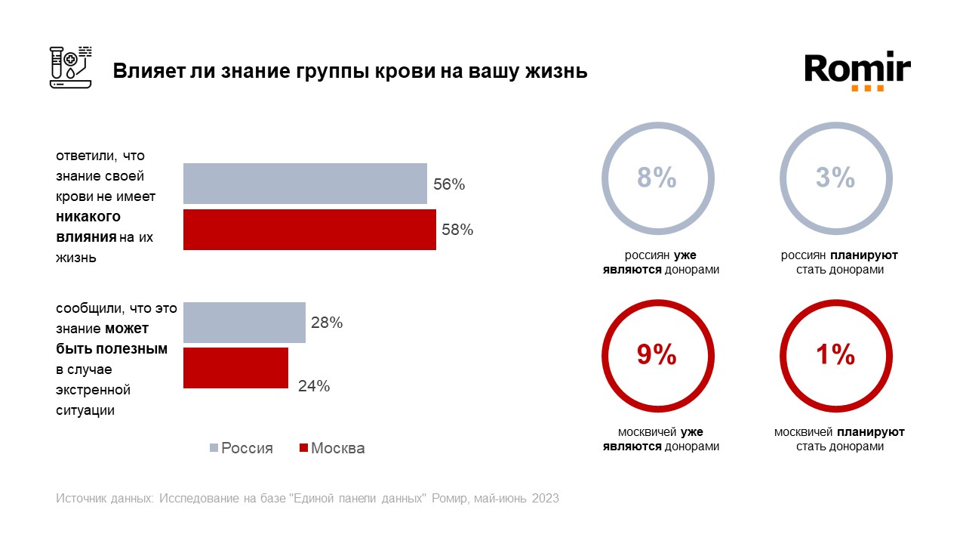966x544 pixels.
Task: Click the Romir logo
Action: pyautogui.click(x=857, y=70)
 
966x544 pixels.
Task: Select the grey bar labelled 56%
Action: pyautogui.click(x=305, y=184)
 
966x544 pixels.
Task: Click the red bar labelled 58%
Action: pyautogui.click(x=309, y=230)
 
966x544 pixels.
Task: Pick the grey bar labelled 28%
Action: pyautogui.click(x=245, y=323)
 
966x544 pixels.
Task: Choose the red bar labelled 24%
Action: pyautogui.click(x=235, y=368)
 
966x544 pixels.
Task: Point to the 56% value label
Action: pyautogui.click(x=449, y=184)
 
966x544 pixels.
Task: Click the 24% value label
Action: pyautogui.click(x=313, y=386)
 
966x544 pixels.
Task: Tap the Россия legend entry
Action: pyautogui.click(x=241, y=448)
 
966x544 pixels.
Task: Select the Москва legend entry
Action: pyautogui.click(x=332, y=448)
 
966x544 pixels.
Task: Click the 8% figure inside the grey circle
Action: pyautogui.click(x=657, y=178)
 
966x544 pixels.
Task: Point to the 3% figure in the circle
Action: pyautogui.click(x=835, y=178)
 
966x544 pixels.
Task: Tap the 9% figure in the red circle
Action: pyautogui.click(x=657, y=355)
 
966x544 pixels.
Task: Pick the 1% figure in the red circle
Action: pyautogui.click(x=835, y=355)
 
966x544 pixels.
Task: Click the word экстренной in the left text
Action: pyautogui.click(x=93, y=390)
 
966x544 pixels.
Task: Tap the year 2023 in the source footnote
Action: pyautogui.click(x=546, y=499)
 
